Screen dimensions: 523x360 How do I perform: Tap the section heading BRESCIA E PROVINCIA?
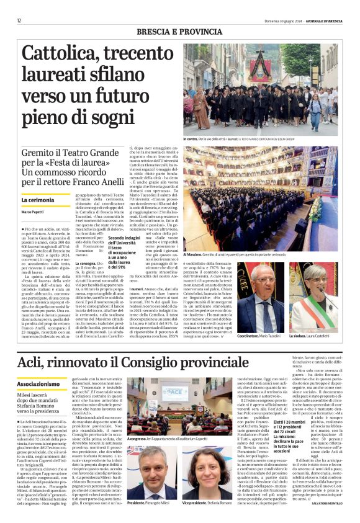[x=179, y=32]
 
